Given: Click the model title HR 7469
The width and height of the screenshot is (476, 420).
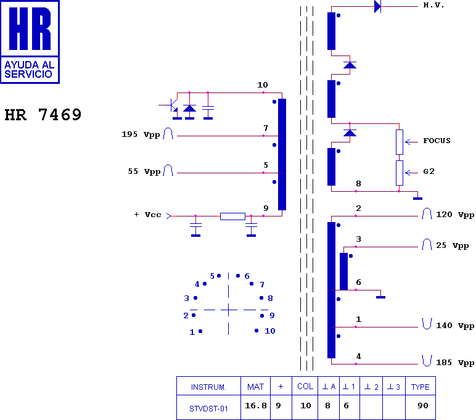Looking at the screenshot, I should pos(43,115).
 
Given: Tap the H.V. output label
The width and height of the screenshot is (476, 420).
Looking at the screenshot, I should pos(433,5).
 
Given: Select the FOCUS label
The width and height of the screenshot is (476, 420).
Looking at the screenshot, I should pos(437,141).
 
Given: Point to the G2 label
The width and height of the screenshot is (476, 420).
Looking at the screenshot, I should pos(429,171).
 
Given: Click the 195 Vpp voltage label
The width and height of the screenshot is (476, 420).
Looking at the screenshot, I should pos(141,134).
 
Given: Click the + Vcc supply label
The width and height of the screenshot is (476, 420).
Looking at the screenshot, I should pos(147,215).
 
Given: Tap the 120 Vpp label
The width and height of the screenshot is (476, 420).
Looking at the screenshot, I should pos(455,215).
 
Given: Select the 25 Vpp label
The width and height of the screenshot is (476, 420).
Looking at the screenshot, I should pos(452,245).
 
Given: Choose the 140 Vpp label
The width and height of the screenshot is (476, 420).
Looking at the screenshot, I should pos(455,326).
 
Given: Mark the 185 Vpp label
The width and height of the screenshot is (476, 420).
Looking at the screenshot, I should pos(455,363).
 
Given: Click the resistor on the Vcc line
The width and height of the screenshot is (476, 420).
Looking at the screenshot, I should pos(232,216).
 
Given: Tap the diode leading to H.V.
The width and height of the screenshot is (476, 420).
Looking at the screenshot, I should pos(377,7).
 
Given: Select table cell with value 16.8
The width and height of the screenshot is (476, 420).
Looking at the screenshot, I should pos(255,406).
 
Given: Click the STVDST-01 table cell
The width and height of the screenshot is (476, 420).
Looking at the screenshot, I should pos(208,408).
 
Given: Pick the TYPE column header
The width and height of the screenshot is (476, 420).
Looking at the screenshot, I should pos(421,387).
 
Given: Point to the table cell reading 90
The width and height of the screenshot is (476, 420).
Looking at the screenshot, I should pos(423,406).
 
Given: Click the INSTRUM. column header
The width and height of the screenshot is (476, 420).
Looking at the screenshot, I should pos(208,387).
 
